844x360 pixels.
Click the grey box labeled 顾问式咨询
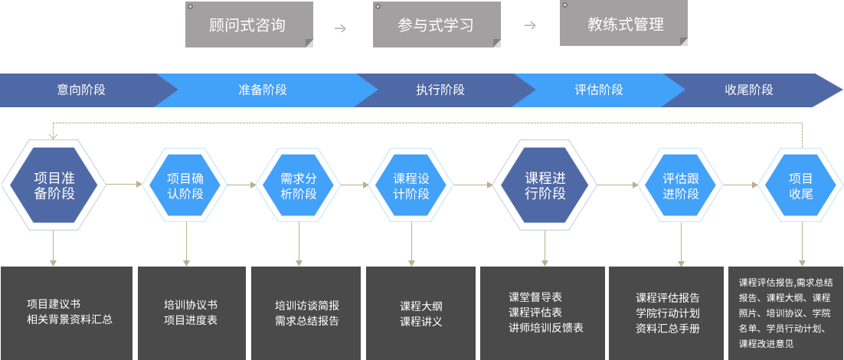coord(248,25)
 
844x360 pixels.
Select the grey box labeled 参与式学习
coord(436,25)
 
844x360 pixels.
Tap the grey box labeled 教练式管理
coord(624,25)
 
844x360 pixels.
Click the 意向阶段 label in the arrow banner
coord(81,90)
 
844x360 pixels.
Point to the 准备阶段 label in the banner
coord(263,90)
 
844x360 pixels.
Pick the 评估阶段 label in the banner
coord(599,90)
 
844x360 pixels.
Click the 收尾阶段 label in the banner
coord(749,90)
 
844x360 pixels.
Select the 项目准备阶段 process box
coord(54,185)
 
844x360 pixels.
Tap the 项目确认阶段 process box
coord(185,185)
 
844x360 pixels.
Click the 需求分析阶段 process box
coord(298,185)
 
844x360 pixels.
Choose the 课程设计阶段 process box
coord(411,185)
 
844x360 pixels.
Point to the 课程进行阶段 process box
coord(544,185)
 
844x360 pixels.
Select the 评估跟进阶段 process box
coord(680,185)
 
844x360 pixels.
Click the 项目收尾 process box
coord(801,185)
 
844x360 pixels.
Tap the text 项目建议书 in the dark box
coord(54,303)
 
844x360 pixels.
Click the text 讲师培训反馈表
coord(546,328)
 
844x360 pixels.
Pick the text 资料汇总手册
coord(668,329)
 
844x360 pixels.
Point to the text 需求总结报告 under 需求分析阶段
coord(307,321)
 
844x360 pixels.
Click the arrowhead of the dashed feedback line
coord(53,136)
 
